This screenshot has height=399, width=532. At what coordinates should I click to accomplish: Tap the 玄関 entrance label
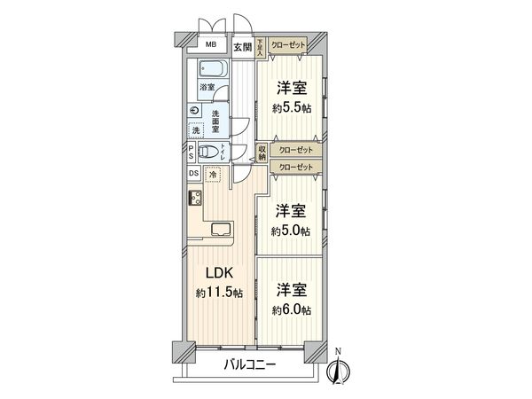tap(243, 48)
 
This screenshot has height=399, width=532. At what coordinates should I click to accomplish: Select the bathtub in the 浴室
tap(210, 70)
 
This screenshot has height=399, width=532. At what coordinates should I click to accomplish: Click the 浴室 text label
tap(206, 88)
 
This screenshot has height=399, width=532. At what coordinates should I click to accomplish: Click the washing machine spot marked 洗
tap(195, 130)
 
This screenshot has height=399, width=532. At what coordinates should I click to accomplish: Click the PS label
tap(192, 153)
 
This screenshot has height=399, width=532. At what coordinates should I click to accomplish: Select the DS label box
tap(193, 173)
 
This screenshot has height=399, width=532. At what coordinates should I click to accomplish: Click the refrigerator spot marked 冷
tap(213, 175)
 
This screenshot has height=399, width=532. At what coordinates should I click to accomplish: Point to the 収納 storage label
tap(262, 153)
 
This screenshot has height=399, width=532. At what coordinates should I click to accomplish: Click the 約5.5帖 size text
tap(293, 108)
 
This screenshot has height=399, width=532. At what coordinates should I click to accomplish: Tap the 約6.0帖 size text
tap(293, 309)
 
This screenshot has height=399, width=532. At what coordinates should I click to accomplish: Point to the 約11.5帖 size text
tap(218, 293)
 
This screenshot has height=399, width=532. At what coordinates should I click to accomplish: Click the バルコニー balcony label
tap(249, 365)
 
